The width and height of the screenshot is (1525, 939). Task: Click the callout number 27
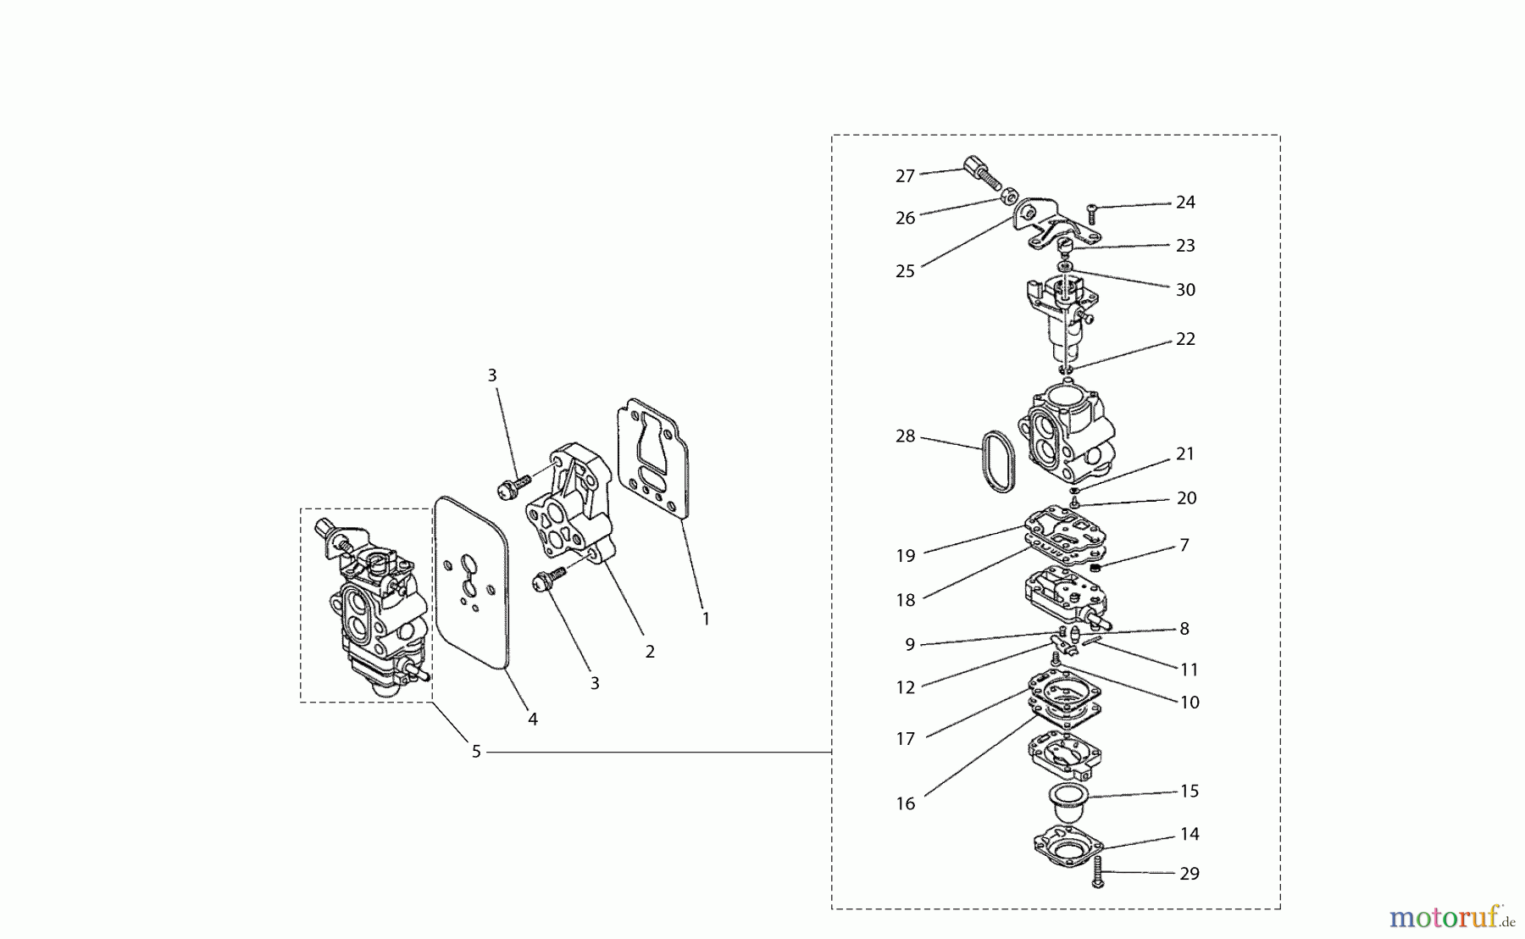[905, 176]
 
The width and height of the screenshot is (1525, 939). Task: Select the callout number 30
[1185, 290]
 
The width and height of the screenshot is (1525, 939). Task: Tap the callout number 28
[905, 436]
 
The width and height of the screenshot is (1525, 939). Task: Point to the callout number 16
[905, 803]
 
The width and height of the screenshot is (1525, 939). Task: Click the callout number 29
[1189, 873]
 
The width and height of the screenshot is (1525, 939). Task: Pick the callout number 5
[476, 751]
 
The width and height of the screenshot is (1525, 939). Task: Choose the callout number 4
[532, 719]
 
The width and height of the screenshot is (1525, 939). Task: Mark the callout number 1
[706, 619]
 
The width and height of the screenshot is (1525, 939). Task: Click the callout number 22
[1185, 339]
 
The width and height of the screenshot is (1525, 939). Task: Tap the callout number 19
[905, 556]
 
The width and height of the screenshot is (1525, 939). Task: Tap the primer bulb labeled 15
[1067, 802]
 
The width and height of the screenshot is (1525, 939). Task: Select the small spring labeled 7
[1095, 568]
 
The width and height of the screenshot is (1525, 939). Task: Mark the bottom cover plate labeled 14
[1069, 846]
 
